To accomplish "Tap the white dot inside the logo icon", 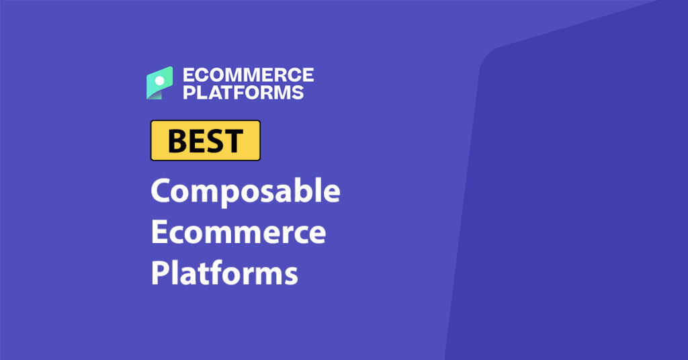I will tap(160, 79).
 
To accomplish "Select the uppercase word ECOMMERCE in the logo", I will tap(249, 75).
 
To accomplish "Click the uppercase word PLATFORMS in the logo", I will tap(243, 92).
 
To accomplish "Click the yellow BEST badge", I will tap(205, 140).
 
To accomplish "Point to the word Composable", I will tap(245, 193).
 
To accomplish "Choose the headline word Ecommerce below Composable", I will tap(238, 232).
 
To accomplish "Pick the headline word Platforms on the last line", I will tap(224, 273).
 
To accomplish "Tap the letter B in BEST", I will tap(176, 140).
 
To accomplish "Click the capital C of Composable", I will tap(162, 192).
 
